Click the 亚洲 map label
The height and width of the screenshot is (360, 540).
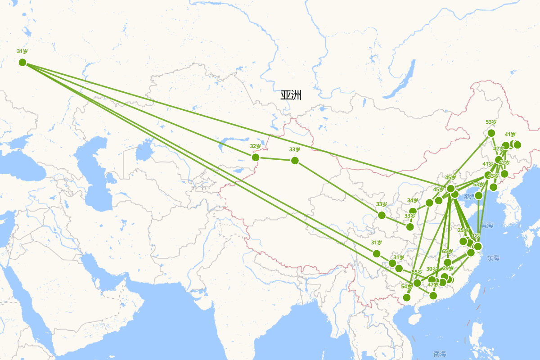pyautogui.click(x=291, y=95)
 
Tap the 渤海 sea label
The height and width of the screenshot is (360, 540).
pyautogui.click(x=471, y=197)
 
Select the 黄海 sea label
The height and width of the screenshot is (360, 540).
pyautogui.click(x=487, y=225)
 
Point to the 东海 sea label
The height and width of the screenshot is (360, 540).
pyautogui.click(x=493, y=258)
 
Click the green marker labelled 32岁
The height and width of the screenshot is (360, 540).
pyautogui.click(x=256, y=157)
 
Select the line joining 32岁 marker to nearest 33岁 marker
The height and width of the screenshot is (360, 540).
pyautogui.click(x=275, y=159)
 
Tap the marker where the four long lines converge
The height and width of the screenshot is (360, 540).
pyautogui.click(x=22, y=62)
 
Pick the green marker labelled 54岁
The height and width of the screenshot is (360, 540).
pyautogui.click(x=407, y=297)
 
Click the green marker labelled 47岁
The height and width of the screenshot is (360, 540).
pyautogui.click(x=433, y=295)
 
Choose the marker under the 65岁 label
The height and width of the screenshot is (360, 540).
pyautogui.click(x=448, y=262)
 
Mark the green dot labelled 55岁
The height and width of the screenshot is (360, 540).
pyautogui.click(x=417, y=283)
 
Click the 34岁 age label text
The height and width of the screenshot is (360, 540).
pyautogui.click(x=412, y=201)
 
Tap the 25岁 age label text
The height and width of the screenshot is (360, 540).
pyautogui.click(x=463, y=230)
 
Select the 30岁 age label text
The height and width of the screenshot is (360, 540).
pyautogui.click(x=432, y=269)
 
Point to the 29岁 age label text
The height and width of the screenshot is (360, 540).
pyautogui.click(x=448, y=269)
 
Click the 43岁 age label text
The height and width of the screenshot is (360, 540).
pyautogui.click(x=494, y=176)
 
